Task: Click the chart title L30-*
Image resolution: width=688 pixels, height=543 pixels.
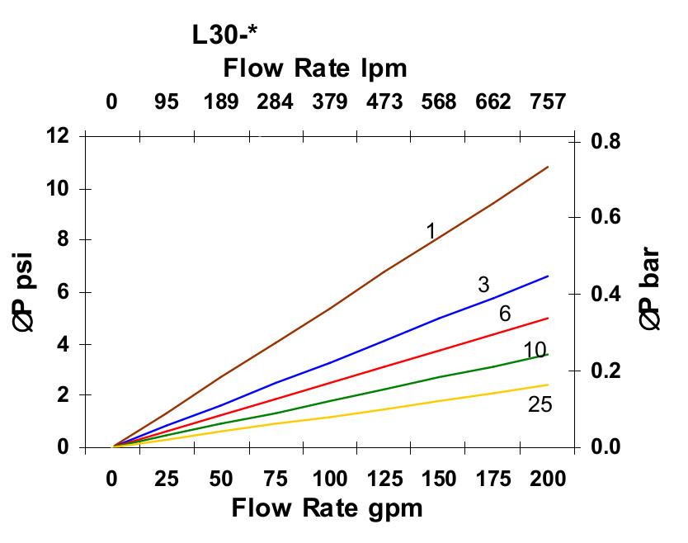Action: [x=224, y=35]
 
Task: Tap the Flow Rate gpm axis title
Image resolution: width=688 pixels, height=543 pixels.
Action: [x=327, y=508]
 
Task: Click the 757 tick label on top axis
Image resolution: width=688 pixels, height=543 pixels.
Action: [x=547, y=102]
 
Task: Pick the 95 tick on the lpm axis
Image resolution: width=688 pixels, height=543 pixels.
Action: [x=167, y=102]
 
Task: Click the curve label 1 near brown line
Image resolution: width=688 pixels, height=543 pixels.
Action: [x=431, y=231]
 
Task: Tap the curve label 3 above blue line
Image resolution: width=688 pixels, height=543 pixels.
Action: [x=483, y=286]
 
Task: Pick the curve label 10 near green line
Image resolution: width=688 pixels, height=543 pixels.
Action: [x=535, y=351]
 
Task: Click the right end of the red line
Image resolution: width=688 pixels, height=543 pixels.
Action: [x=548, y=318]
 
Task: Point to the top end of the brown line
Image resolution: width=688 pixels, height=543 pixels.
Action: [x=548, y=167]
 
